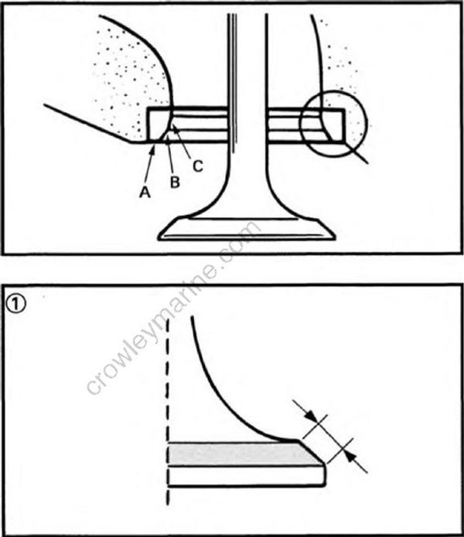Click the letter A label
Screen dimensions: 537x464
coord(145,193)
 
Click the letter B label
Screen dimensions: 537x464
coord(175,183)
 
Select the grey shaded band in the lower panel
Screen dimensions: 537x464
coord(240,453)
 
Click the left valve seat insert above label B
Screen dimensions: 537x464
coord(159,124)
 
